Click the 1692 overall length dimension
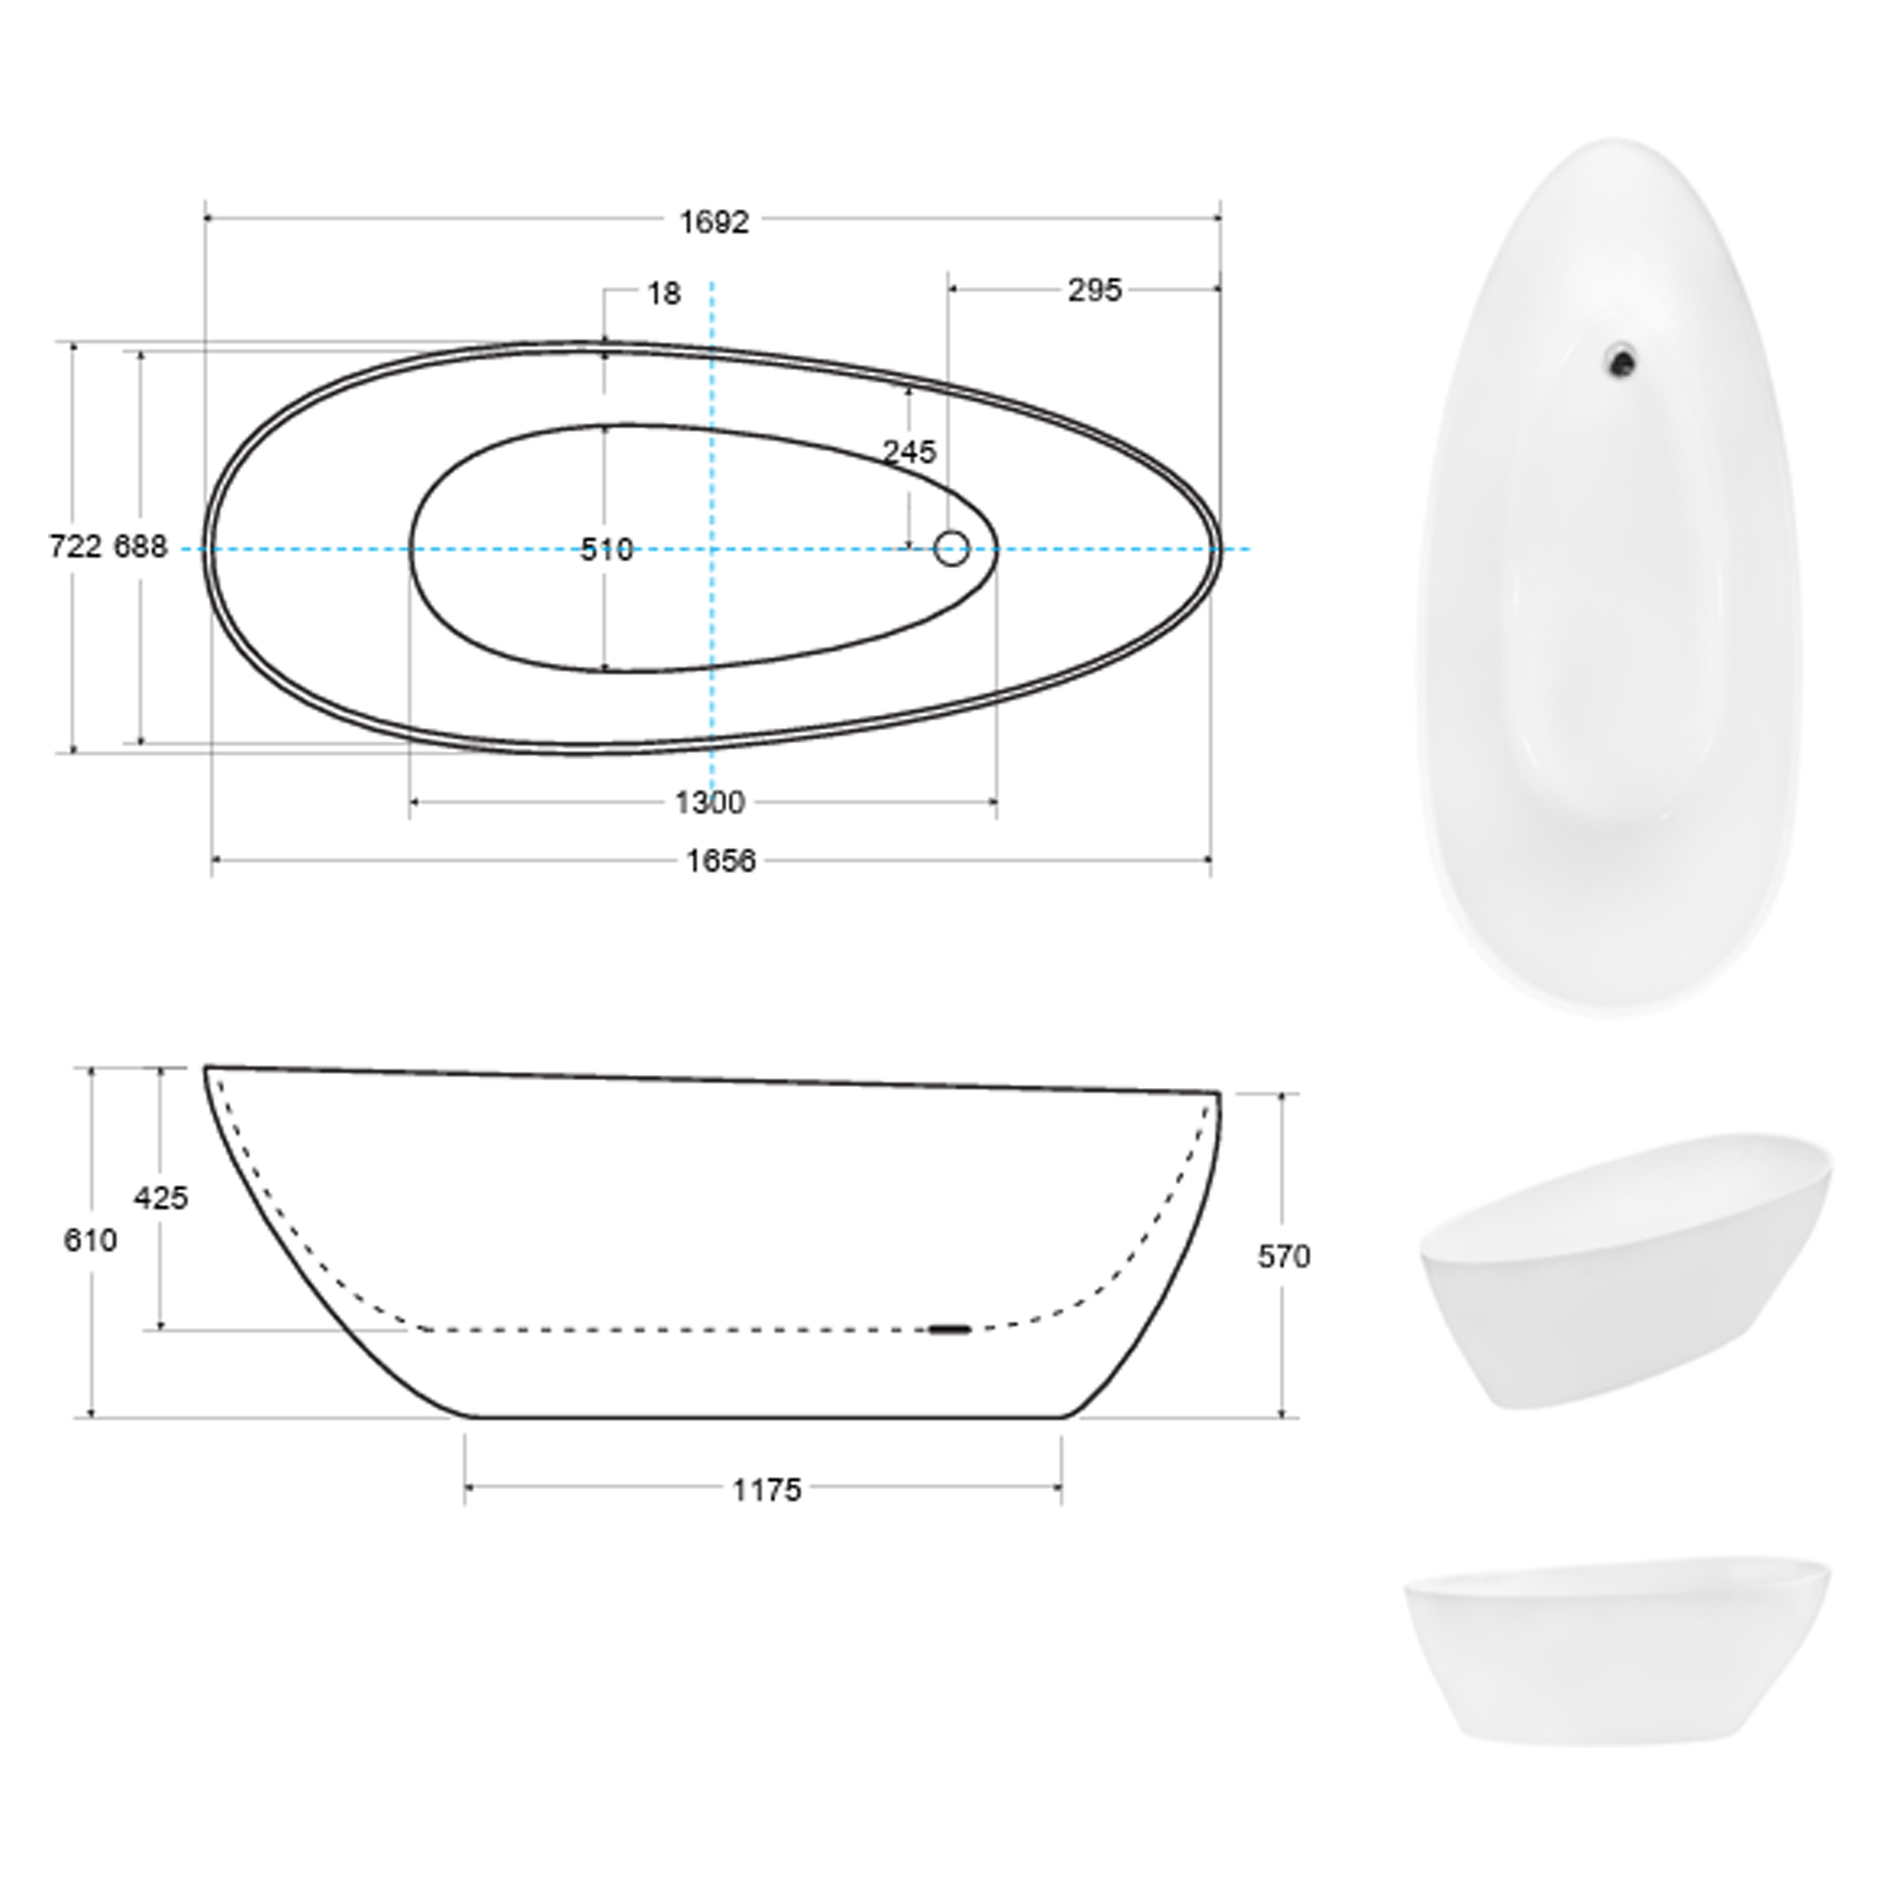point(714,222)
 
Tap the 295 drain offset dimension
point(1094,289)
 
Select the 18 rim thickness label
point(664,293)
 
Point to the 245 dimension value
point(909,451)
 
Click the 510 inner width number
point(607,550)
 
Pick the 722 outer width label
point(75,547)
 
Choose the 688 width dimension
point(140,547)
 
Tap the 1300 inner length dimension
point(710,803)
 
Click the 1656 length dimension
point(721,861)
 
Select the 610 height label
point(89,1241)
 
